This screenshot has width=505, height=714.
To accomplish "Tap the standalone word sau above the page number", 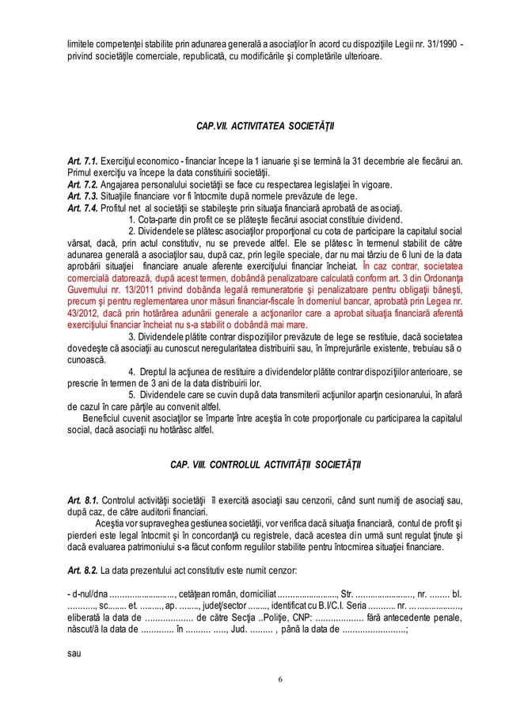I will pyautogui.click(x=73, y=655).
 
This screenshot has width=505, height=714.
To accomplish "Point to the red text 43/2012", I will pyautogui.click(x=82, y=313).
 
